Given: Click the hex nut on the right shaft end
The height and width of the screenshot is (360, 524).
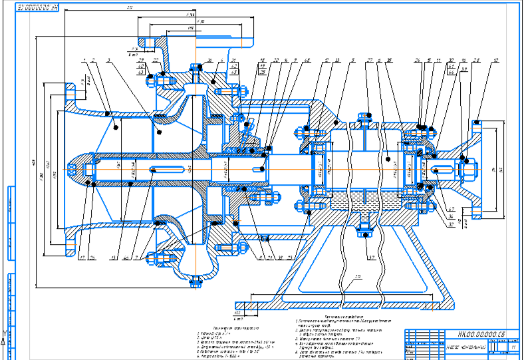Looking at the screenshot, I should click(x=466, y=162).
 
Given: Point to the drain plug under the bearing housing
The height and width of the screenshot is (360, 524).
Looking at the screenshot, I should click(x=364, y=230).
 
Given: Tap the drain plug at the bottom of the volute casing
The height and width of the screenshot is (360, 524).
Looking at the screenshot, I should click(x=196, y=283).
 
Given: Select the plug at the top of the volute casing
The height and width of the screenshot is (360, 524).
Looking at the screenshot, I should click(x=196, y=67).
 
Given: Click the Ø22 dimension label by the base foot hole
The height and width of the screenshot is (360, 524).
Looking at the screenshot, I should click(x=237, y=312).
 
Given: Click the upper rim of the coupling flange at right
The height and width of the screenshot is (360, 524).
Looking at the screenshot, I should click(x=477, y=122).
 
